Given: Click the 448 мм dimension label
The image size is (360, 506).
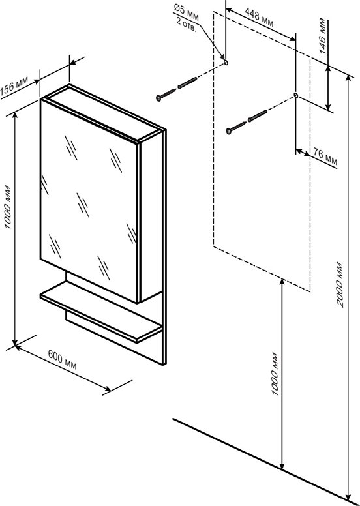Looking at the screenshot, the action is [x=259, y=18].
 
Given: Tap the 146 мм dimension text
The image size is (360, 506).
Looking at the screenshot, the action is [x=322, y=35].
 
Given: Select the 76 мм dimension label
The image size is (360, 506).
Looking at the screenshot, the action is [x=325, y=158].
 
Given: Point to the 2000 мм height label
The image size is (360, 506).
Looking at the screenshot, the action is [x=340, y=284].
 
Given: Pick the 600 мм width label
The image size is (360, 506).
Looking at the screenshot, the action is [x=63, y=359].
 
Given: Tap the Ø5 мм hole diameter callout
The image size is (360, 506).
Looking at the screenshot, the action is [x=187, y=12].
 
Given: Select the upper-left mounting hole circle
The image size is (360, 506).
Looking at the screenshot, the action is [x=226, y=62].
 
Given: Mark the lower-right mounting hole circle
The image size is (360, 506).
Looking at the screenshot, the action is [x=295, y=95].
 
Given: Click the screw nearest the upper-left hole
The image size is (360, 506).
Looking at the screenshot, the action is [x=166, y=95].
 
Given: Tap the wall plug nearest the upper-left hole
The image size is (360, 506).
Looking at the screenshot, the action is [x=187, y=83].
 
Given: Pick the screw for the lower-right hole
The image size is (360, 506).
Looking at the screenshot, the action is [x=237, y=127].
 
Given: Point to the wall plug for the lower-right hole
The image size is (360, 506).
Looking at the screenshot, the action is [x=258, y=116].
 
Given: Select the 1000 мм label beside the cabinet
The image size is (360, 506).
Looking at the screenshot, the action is [x=8, y=207].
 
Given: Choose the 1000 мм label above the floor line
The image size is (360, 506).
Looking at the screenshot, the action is [x=275, y=374].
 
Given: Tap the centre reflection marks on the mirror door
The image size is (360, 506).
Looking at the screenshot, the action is [x=83, y=205].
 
